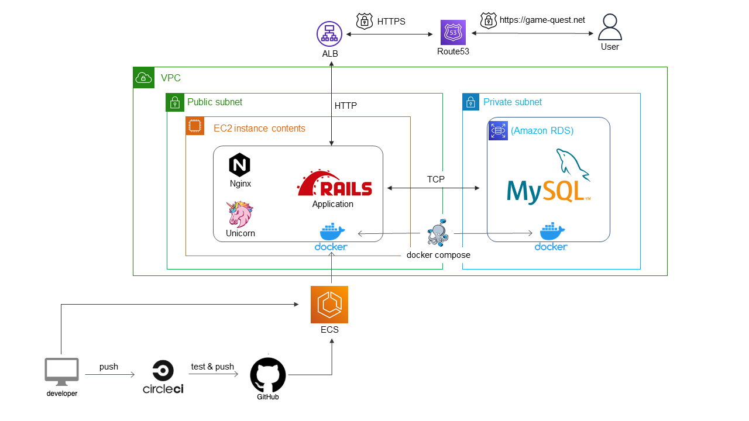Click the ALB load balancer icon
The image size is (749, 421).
[x=329, y=34]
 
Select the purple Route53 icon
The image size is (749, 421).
[x=453, y=33]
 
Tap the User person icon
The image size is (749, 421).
[x=610, y=27]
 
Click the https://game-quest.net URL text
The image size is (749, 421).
[x=542, y=20]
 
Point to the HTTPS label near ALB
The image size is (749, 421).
[x=391, y=22]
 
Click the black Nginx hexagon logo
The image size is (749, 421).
[x=239, y=165]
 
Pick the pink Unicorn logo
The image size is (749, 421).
[x=240, y=213]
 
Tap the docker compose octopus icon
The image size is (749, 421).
[x=438, y=234]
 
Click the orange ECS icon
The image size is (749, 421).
[x=329, y=304]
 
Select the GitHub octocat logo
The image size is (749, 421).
[x=268, y=375]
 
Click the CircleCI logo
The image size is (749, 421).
[x=163, y=377]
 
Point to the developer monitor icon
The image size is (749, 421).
[x=62, y=372]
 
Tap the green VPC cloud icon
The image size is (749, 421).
[x=143, y=78]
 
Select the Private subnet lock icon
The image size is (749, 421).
[x=471, y=102]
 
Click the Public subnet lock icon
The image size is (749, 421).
[x=175, y=102]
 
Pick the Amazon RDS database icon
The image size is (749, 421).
[x=498, y=131]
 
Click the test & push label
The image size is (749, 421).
[x=212, y=367]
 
